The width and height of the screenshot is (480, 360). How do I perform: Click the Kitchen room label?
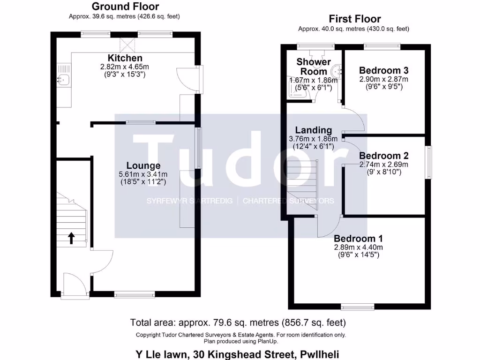coord(125,58)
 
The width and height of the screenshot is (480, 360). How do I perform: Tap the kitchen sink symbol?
coord(63,80)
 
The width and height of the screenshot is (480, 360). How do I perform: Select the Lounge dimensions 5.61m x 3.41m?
coord(143,174)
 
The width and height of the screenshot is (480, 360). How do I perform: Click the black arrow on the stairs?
coord(71,238)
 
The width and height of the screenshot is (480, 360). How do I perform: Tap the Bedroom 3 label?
coord(383,70)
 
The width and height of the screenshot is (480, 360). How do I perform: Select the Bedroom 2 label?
coord(383,156)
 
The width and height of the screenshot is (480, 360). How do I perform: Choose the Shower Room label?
coord(314,67)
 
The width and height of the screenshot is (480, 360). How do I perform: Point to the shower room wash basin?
coord(337,71)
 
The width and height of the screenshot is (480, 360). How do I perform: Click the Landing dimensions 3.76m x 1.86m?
coord(314,139)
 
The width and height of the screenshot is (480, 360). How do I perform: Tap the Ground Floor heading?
coord(125,7)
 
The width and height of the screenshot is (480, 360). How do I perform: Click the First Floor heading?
coord(354,19)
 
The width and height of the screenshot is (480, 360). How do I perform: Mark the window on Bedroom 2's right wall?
coord(428,162)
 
